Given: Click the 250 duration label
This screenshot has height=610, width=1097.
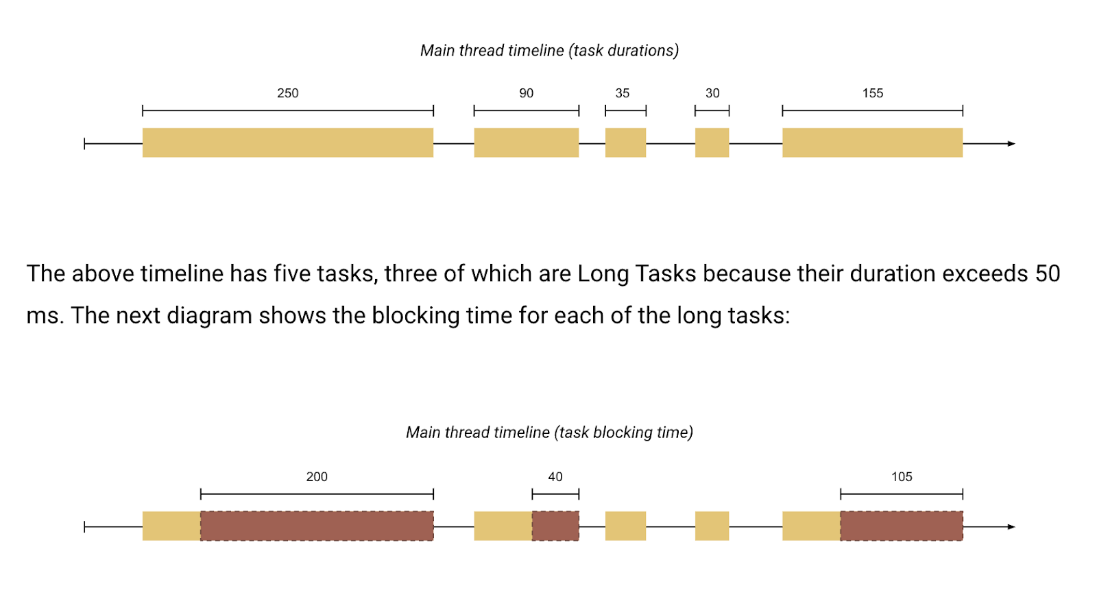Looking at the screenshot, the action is point(287,93).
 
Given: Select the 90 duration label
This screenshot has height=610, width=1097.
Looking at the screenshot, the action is point(526,93).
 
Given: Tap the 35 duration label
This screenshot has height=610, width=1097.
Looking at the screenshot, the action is point(622,93).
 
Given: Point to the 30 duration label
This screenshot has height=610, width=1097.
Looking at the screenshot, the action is point(712,93).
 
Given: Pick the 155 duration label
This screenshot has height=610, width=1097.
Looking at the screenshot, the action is point(872,93).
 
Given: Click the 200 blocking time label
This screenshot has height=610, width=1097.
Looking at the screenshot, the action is point(317,476).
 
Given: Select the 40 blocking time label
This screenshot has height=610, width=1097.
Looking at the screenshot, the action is point(555,476).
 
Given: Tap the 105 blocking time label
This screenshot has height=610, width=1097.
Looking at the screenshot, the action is point(902,476).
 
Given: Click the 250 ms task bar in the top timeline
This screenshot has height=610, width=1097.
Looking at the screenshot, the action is point(288,143).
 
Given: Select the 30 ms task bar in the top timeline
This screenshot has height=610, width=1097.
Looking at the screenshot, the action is point(712,143).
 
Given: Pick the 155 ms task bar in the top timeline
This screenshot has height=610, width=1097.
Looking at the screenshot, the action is point(873,143).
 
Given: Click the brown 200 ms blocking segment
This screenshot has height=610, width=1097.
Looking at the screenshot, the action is point(317,526).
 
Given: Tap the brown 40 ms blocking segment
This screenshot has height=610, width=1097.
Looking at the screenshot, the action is point(555,526).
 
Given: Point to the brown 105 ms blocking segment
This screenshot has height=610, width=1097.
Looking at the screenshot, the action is point(902,526).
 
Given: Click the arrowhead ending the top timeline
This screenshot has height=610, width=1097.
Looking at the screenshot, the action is point(1012,143).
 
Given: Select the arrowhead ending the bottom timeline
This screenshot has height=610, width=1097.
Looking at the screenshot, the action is point(1012,527).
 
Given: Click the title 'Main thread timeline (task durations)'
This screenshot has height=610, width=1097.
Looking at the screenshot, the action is point(549,51).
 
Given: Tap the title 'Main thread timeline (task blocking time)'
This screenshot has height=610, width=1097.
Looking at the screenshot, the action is point(549,432).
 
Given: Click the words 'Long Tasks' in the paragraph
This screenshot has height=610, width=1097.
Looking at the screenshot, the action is point(637,273).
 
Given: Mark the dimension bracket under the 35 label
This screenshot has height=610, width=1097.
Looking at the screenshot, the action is point(625,110).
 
